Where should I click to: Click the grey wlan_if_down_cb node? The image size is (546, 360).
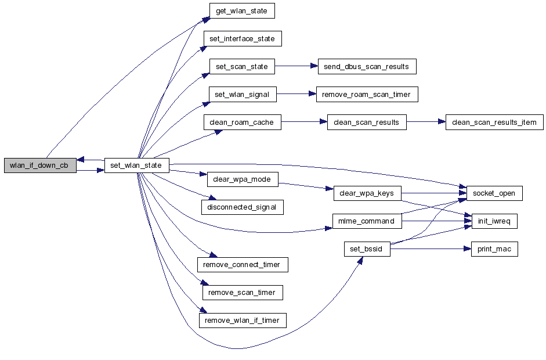click(x=40, y=165)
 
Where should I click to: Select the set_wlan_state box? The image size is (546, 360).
click(x=136, y=165)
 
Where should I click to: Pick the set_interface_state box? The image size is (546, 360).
click(x=242, y=39)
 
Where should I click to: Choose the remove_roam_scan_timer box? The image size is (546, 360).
click(x=367, y=94)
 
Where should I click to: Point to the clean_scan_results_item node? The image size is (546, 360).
click(x=494, y=123)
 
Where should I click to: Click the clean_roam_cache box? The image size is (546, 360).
click(x=242, y=123)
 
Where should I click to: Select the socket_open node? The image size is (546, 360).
click(x=494, y=193)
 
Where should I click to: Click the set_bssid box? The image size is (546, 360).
click(x=367, y=250)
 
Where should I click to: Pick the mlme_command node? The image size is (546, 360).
click(x=367, y=221)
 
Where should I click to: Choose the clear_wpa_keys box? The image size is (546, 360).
click(x=367, y=193)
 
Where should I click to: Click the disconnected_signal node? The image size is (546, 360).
click(x=242, y=207)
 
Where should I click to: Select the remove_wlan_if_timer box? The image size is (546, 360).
click(x=243, y=320)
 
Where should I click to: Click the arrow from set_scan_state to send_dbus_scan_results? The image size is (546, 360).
click(x=295, y=66)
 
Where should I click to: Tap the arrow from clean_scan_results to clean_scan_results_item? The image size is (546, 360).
click(x=426, y=123)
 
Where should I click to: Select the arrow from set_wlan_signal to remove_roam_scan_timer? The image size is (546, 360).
click(x=296, y=94)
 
